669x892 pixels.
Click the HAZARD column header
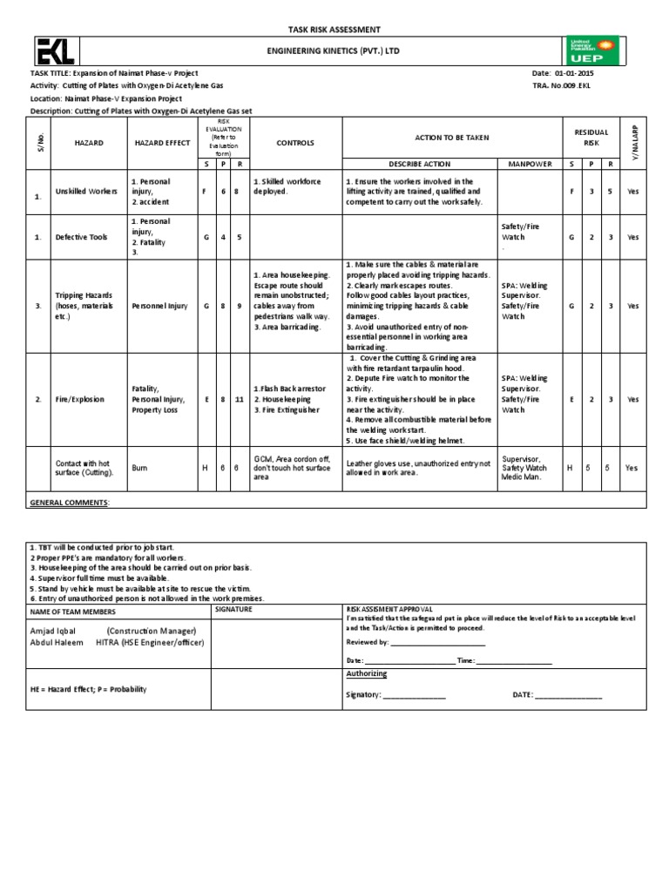[89, 142]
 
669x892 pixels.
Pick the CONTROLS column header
[294, 142]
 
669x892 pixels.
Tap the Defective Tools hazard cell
[83, 236]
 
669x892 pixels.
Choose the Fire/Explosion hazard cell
[80, 399]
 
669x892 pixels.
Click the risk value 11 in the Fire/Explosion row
[240, 399]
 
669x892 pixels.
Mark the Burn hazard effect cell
[140, 468]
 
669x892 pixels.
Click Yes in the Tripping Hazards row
[632, 306]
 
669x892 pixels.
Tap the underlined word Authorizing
[367, 673]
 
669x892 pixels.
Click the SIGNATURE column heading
[233, 610]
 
